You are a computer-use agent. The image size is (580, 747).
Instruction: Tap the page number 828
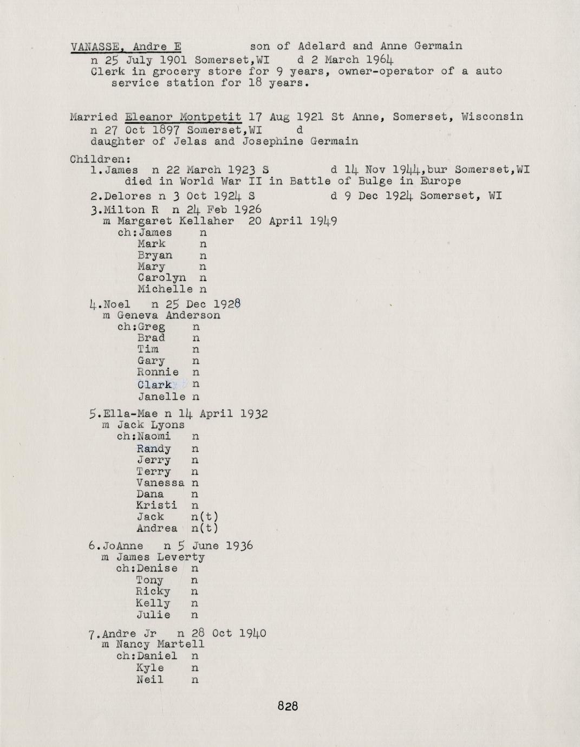click(x=288, y=706)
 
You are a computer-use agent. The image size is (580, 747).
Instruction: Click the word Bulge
click(x=373, y=181)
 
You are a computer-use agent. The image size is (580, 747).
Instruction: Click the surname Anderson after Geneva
click(x=193, y=315)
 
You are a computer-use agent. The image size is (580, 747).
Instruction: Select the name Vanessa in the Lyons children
click(x=160, y=483)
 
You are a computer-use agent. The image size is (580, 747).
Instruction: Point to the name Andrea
click(x=157, y=528)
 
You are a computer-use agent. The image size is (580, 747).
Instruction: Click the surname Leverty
click(x=181, y=557)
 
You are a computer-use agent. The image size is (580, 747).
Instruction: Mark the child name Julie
click(x=153, y=615)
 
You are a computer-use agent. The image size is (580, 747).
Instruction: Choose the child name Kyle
click(x=150, y=667)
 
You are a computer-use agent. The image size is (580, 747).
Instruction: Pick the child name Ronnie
click(x=158, y=372)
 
